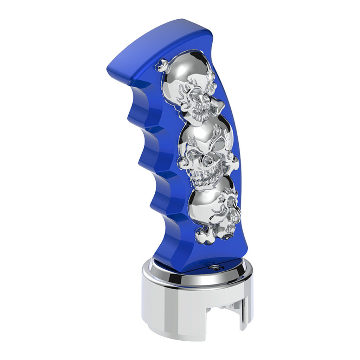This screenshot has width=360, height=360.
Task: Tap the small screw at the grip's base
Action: point(212,268)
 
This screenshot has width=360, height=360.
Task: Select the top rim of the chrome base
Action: point(197,278)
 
